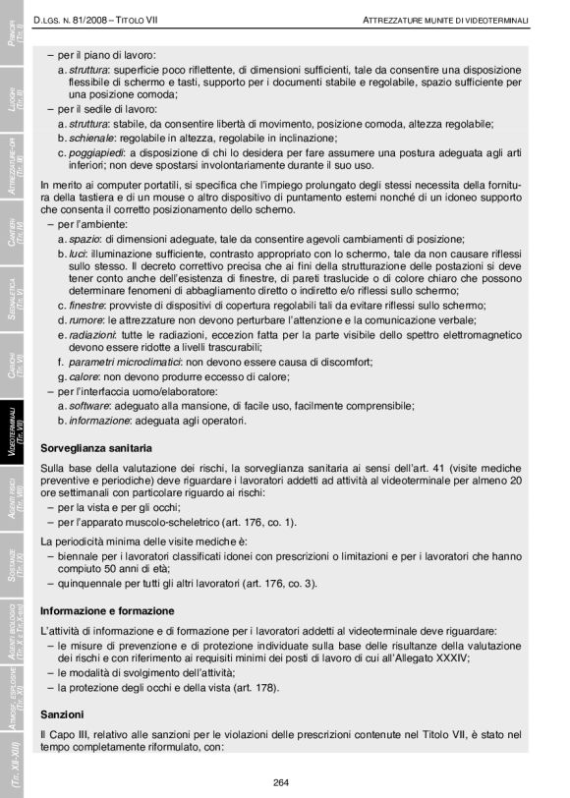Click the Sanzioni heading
pos(63,711)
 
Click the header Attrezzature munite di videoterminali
pos(444,19)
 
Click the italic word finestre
pos(89,305)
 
